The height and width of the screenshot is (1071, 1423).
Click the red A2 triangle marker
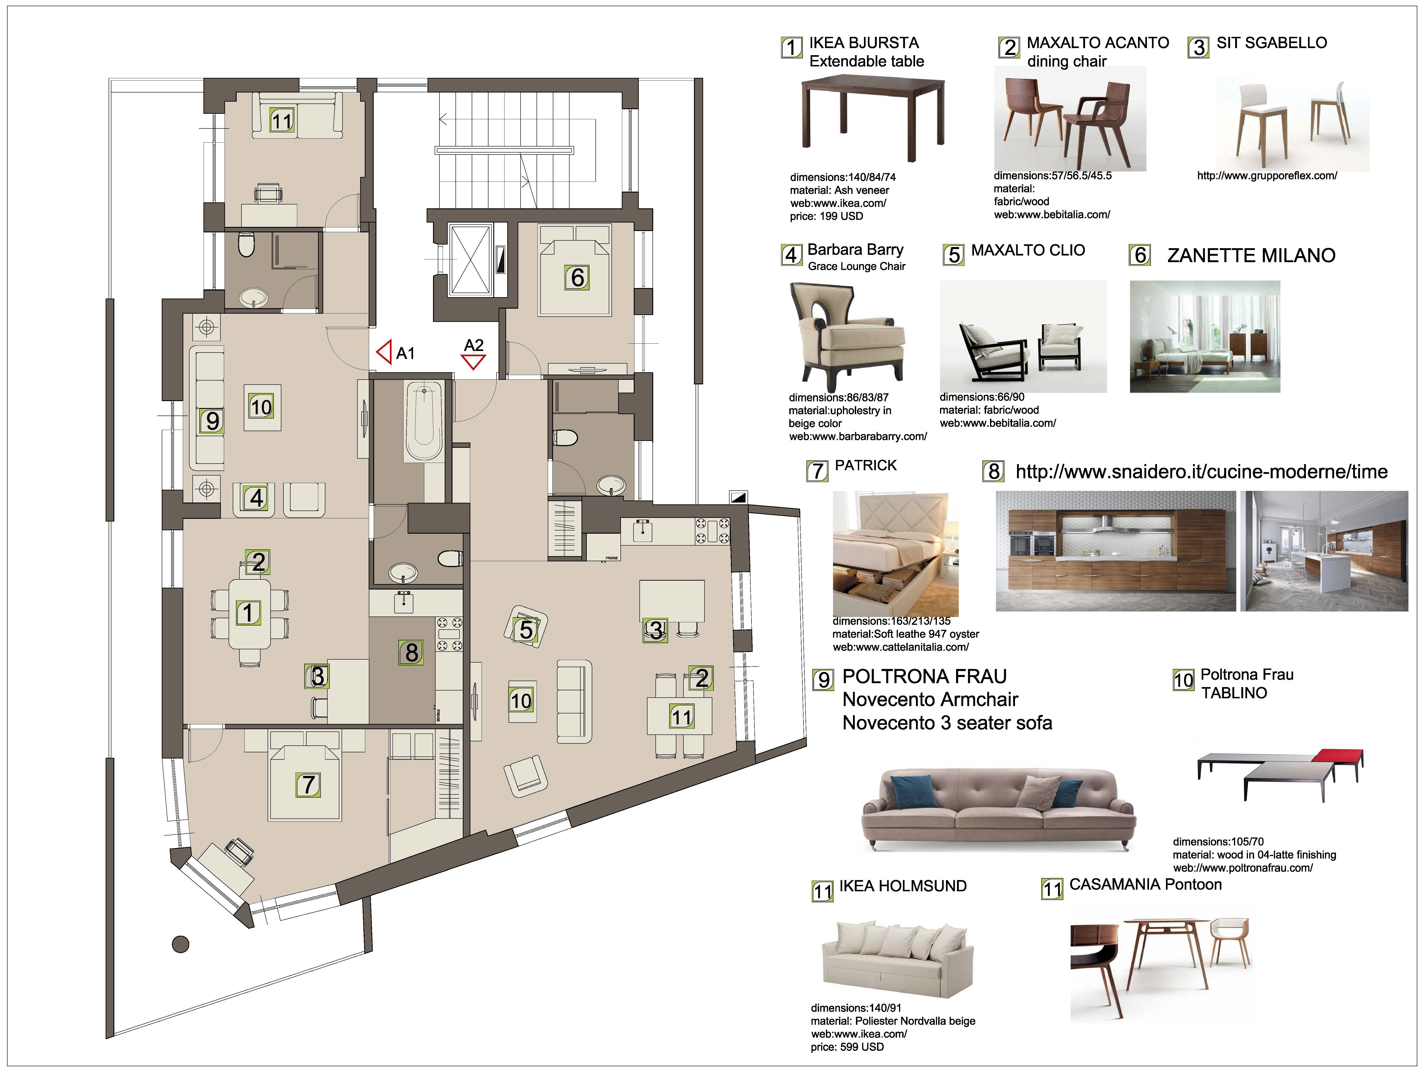(x=474, y=362)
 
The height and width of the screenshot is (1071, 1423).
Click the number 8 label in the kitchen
(x=412, y=652)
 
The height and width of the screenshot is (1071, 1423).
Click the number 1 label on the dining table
(x=248, y=613)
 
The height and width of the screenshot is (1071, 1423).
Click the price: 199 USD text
(x=827, y=216)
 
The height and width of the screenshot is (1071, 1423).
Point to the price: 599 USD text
(x=847, y=1047)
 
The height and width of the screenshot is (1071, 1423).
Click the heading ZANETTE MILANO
(x=1251, y=255)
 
